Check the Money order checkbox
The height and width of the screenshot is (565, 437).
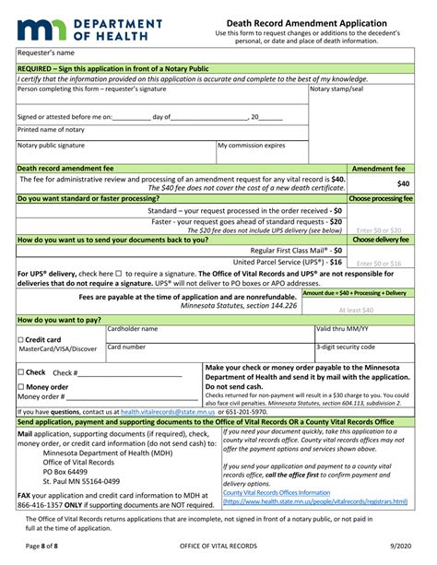(20, 387)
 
